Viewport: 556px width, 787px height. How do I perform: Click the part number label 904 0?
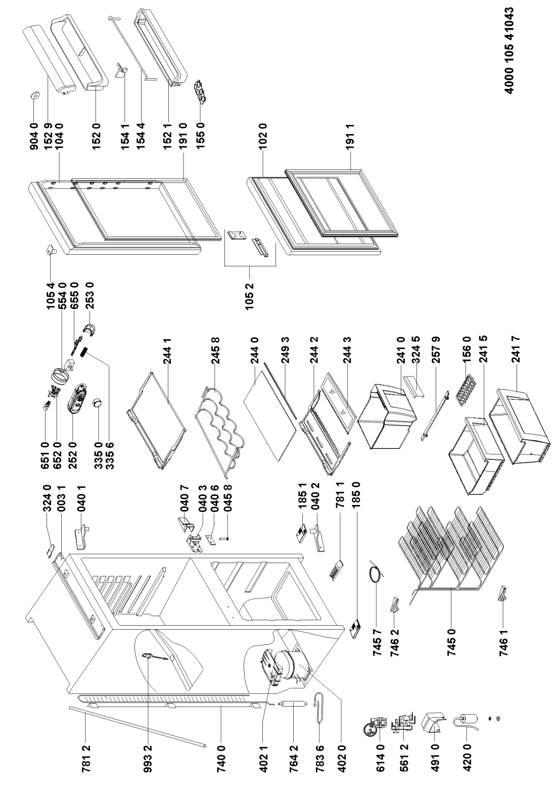click(x=34, y=135)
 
